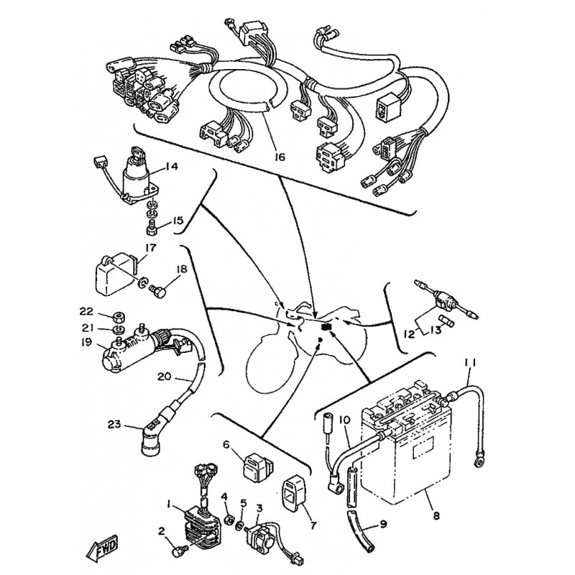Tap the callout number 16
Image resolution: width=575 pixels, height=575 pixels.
[280, 157]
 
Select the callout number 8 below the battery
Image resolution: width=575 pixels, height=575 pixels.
[436, 516]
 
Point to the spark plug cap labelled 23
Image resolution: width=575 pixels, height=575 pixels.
[150, 439]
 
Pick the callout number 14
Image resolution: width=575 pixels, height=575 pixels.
[171, 167]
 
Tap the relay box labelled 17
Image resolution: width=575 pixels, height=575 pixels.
[114, 276]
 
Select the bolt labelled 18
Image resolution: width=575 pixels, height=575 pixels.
[158, 292]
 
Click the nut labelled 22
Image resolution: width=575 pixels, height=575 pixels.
[119, 316]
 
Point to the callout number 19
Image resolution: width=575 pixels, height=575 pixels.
[86, 343]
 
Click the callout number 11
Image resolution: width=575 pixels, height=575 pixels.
[470, 363]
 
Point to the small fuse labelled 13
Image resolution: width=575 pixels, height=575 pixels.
[447, 319]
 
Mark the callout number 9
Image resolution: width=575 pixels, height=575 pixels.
[383, 525]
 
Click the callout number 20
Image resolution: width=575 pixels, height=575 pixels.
[165, 377]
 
